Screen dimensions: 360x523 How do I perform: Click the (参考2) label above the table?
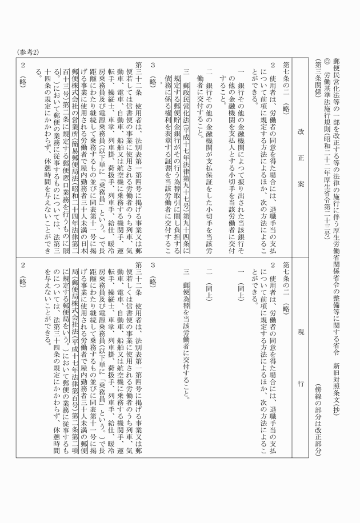pos(27,52)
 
